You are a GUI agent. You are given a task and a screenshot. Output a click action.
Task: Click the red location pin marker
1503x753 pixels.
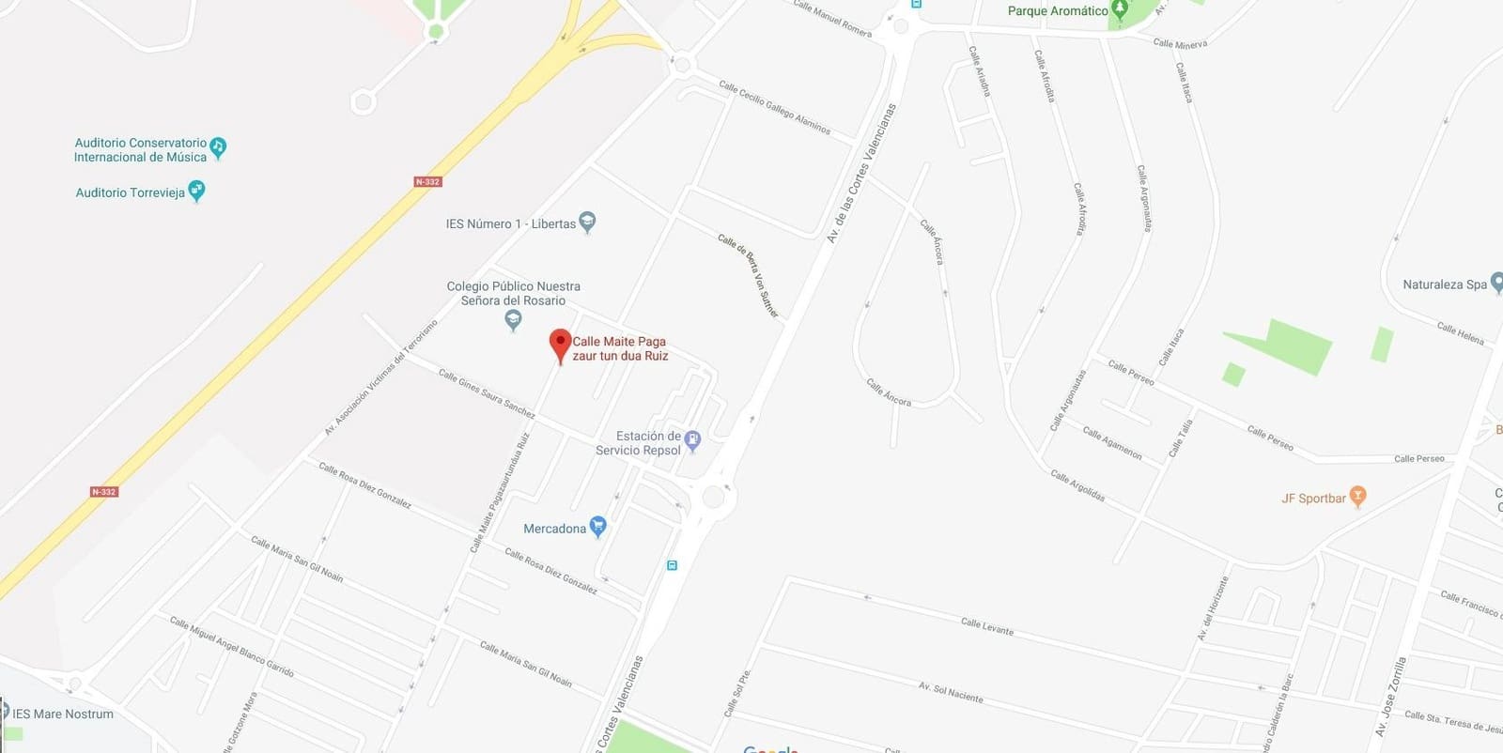coord(560,344)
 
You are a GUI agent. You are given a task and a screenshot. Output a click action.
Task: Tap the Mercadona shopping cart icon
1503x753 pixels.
coord(597,527)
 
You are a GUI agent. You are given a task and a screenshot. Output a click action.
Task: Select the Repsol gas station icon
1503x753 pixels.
coord(692,439)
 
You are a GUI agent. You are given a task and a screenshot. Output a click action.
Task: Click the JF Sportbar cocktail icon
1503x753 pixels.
coord(1356,496)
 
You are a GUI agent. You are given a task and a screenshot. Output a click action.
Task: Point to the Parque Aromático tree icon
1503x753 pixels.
coord(1119,10)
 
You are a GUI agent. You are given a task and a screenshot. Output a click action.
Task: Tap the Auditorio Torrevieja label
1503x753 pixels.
coord(131,192)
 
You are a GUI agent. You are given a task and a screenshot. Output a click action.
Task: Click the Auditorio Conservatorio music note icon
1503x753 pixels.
coord(218,146)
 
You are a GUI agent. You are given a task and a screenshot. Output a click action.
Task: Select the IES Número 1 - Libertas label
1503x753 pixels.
coord(510,223)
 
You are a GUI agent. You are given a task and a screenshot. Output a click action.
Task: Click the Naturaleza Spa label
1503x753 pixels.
coord(1444,284)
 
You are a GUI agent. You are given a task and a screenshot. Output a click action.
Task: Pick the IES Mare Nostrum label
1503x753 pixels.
coord(63,714)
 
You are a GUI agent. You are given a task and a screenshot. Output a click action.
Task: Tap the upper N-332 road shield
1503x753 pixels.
coord(427,181)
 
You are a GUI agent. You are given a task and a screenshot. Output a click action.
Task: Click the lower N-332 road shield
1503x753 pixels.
coord(104,491)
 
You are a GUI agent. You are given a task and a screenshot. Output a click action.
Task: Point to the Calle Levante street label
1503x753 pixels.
coord(986,626)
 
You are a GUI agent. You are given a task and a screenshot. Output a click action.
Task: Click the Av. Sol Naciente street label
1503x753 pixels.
coord(951,693)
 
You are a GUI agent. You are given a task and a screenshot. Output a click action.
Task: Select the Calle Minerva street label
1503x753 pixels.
coord(1180,43)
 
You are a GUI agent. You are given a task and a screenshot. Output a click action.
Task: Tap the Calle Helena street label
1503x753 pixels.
coord(1460,332)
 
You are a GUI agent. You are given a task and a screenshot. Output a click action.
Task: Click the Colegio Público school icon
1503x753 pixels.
coord(513,320)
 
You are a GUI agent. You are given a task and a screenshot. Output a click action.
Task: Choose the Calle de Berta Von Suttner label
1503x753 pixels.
coord(749,275)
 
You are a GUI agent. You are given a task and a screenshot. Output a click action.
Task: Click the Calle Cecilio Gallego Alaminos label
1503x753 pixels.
coord(774,107)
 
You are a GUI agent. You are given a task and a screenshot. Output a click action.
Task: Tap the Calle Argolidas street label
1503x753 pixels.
coord(1077,485)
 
